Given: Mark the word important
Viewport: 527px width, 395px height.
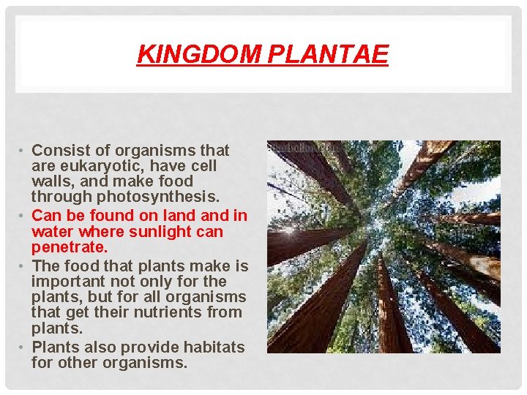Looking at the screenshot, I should [x=70, y=282].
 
